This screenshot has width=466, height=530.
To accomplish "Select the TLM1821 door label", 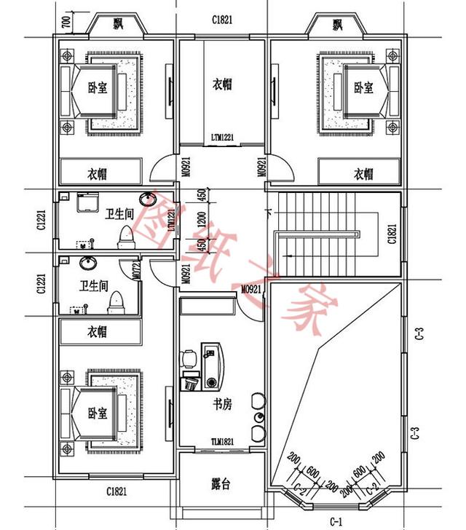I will [221, 440].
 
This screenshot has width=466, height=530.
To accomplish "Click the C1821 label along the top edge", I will [222, 20].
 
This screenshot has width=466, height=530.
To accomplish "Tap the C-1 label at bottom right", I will [336, 521].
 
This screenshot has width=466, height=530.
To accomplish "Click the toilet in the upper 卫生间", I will [128, 234].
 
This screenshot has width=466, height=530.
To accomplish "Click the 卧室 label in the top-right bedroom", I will [363, 88].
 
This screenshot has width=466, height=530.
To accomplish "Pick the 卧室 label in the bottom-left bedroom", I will [98, 413].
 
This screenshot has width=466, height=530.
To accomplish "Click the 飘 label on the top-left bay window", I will [119, 25].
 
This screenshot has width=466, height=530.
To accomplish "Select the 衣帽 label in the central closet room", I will [222, 84].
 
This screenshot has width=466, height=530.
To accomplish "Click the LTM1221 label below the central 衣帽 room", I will [222, 137].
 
